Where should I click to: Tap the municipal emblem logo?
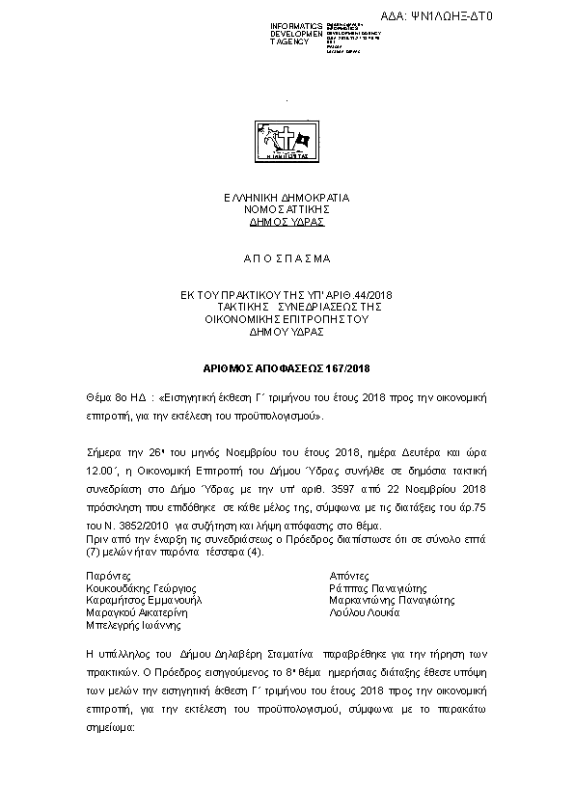[287, 142]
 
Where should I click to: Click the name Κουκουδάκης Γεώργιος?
[142, 586]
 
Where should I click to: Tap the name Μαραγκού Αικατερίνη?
[140, 611]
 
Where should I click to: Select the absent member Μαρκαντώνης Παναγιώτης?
[392, 599]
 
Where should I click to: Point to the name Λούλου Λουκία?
[363, 611]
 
